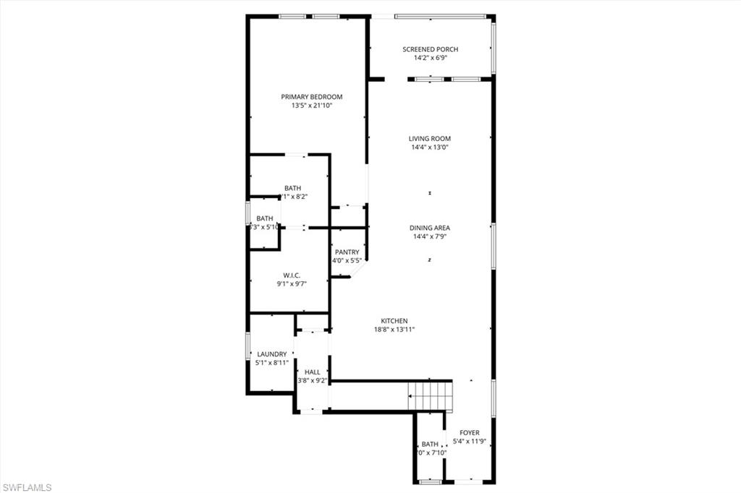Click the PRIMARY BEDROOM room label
(311, 97)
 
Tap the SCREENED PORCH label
(430, 49)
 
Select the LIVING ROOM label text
(430, 139)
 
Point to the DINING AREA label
(430, 228)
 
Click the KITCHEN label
(395, 321)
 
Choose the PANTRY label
(347, 252)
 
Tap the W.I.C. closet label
(292, 275)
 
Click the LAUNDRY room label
(272, 354)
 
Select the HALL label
(312, 372)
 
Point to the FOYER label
(470, 433)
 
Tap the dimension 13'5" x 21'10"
(311, 106)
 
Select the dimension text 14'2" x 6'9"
(430, 58)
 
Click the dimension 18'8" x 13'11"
(395, 330)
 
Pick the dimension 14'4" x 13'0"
(430, 147)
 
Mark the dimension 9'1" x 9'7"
(292, 284)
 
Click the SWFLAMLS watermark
(27, 487)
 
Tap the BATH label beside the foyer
(430, 444)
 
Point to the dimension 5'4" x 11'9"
(470, 442)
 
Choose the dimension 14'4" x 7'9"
(430, 236)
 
